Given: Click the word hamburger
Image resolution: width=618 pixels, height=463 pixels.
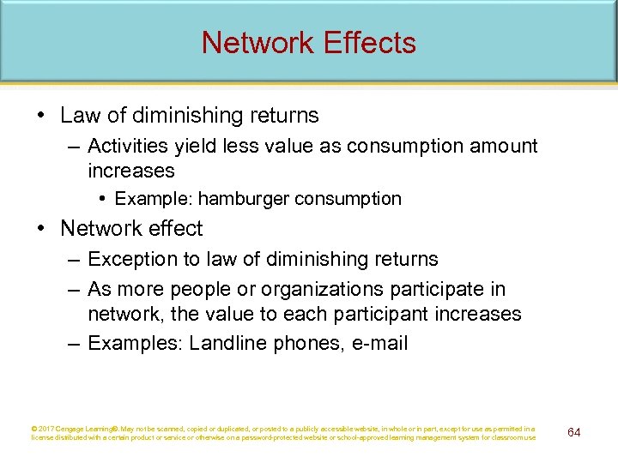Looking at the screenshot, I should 244,199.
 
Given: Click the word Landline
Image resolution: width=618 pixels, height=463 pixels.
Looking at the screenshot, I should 223,344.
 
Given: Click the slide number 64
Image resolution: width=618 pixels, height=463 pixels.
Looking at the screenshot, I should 574,432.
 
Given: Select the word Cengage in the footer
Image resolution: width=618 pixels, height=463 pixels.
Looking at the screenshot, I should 76,429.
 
